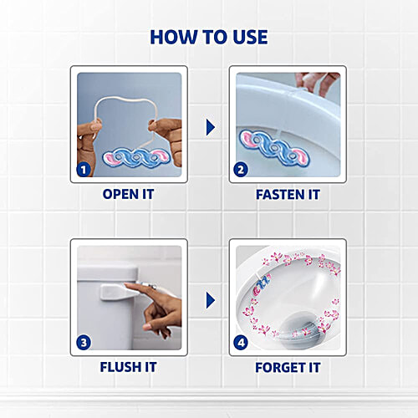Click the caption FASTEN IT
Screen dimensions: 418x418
(288, 194)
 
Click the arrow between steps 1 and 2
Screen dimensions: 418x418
(210, 126)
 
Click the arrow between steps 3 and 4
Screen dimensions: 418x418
(210, 299)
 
